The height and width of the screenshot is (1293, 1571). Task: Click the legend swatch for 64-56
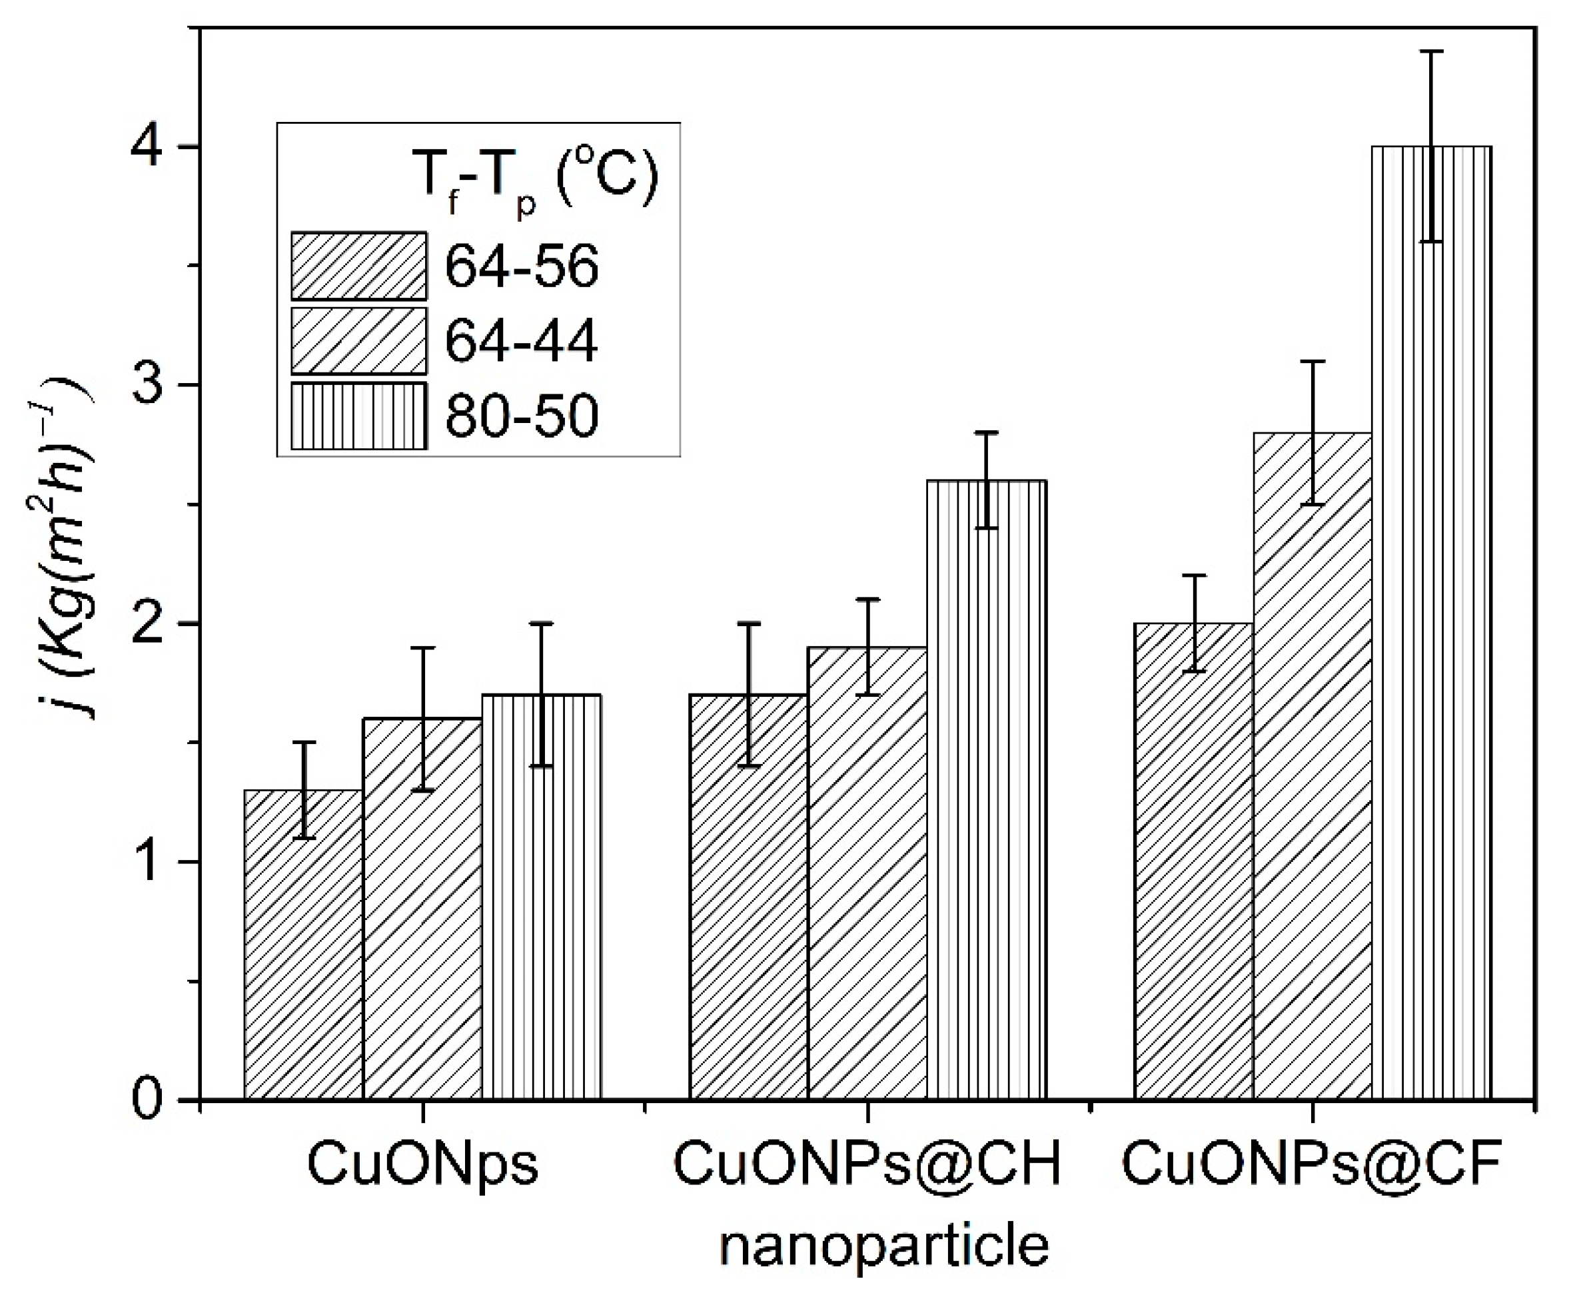pos(358,266)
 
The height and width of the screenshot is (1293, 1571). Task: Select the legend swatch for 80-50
pos(358,416)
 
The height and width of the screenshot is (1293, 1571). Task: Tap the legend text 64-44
pos(522,341)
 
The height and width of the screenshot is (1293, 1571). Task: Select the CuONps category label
pos(422,1165)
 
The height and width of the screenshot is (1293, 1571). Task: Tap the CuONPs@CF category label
pos(1312,1165)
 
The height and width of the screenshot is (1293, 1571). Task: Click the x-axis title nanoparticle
pos(884,1247)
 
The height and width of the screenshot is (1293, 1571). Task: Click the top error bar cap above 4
pos(1431,51)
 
